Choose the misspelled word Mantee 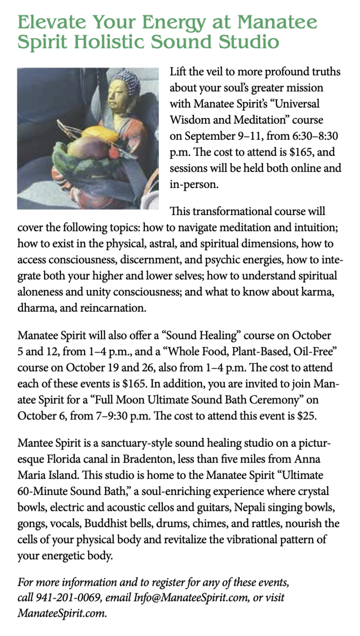(x=34, y=443)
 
